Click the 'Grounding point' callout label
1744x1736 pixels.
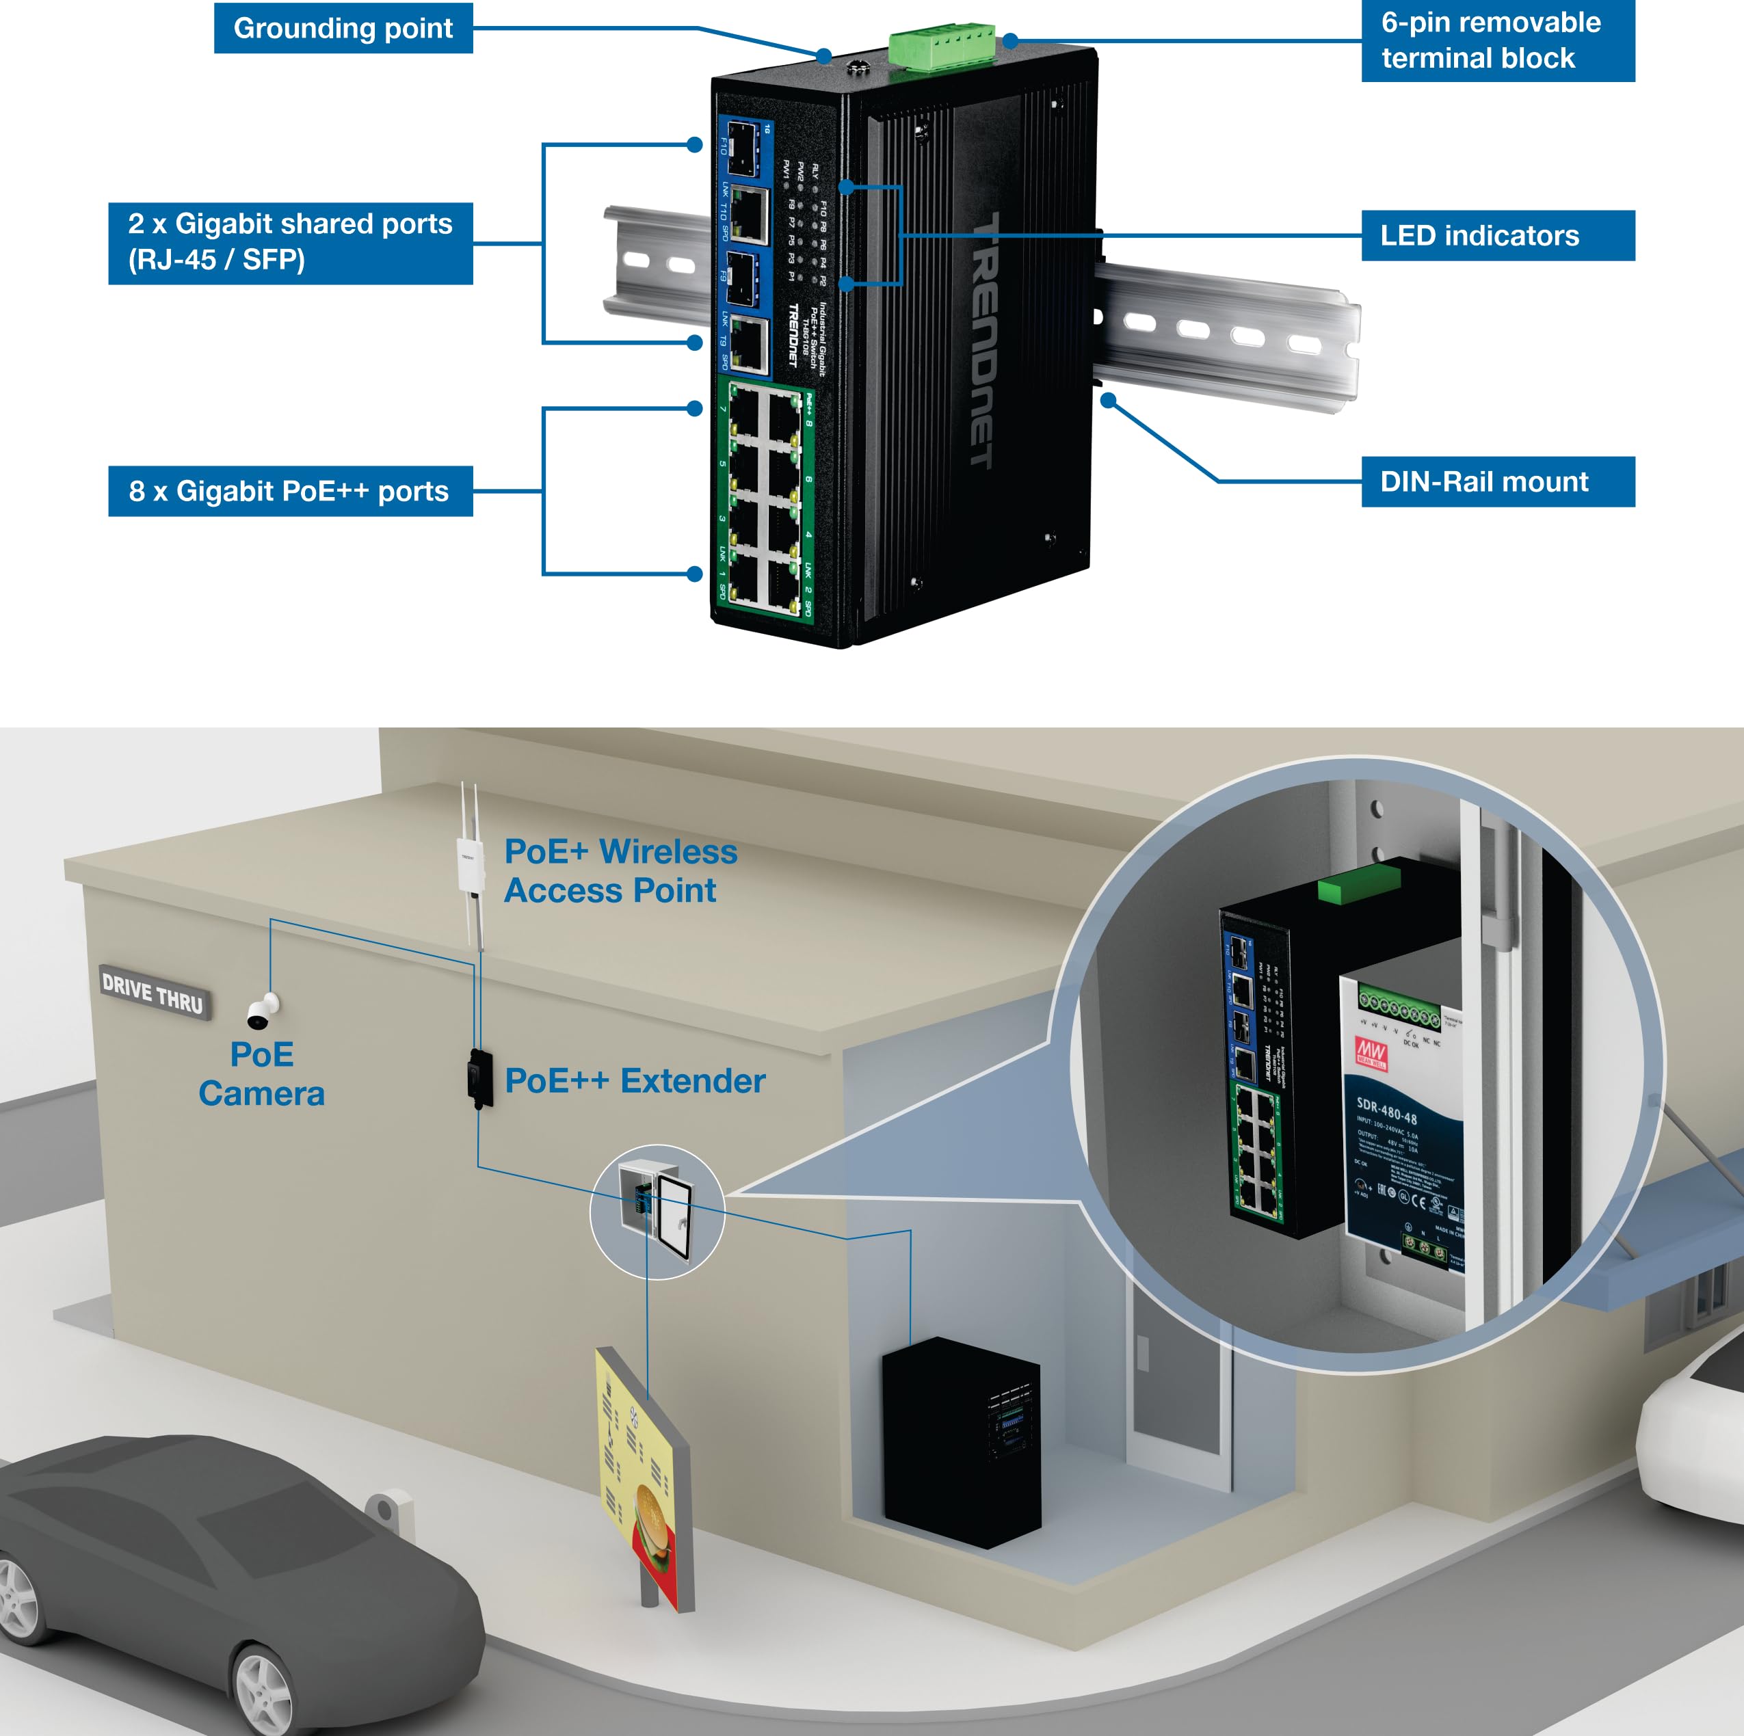pos(343,28)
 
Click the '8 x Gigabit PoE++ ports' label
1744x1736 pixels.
pos(290,491)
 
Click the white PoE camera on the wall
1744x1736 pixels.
pos(263,1011)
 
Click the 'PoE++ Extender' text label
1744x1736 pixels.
pos(635,1081)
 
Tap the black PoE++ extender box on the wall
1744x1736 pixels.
pos(480,1078)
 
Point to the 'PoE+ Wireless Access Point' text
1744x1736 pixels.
pos(620,870)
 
